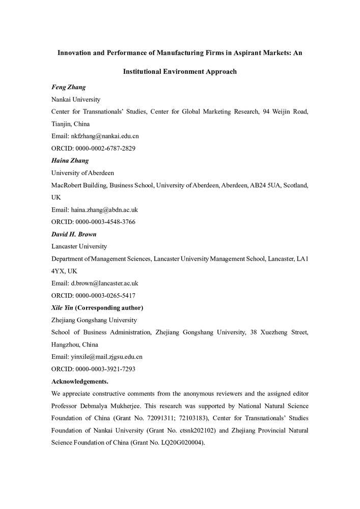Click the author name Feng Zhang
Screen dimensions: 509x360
click(x=69, y=87)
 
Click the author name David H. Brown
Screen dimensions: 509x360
click(x=74, y=234)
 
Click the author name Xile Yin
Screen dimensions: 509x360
click(x=62, y=307)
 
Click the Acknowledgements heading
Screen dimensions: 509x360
click(x=79, y=381)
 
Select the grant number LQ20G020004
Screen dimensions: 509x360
click(x=177, y=442)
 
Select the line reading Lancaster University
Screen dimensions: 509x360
click(x=79, y=246)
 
